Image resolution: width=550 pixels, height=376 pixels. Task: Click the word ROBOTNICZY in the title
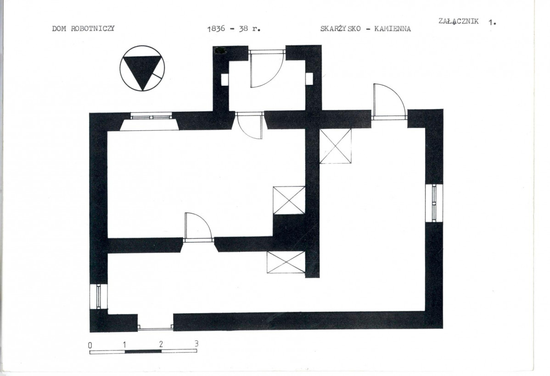tap(93, 29)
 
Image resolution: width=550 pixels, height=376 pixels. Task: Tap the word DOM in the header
tap(59, 29)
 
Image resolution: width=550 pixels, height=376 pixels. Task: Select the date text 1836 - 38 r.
tap(234, 29)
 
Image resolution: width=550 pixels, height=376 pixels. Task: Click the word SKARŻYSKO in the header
tap(340, 28)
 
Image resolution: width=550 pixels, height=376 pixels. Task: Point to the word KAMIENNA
tap(393, 29)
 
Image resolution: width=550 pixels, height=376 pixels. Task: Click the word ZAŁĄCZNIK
tap(459, 22)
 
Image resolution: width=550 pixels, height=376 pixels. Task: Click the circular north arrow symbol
tap(142, 68)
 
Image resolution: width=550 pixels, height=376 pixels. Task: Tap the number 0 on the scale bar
tap(90, 345)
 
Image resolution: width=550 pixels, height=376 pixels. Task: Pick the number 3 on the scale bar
tap(196, 344)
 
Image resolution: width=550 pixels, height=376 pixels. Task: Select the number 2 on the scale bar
tap(161, 344)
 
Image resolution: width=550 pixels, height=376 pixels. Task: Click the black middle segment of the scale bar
tap(143, 352)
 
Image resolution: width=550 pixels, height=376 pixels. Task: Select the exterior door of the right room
tap(389, 102)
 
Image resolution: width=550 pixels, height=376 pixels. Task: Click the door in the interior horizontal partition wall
tap(198, 227)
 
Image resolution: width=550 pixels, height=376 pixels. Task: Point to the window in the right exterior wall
tap(434, 203)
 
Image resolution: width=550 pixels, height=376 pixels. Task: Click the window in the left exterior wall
tap(99, 297)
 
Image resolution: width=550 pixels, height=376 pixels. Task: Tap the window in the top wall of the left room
tap(151, 116)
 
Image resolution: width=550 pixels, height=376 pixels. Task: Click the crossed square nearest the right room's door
tap(335, 146)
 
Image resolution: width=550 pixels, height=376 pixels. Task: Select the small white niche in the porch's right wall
tap(309, 79)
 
